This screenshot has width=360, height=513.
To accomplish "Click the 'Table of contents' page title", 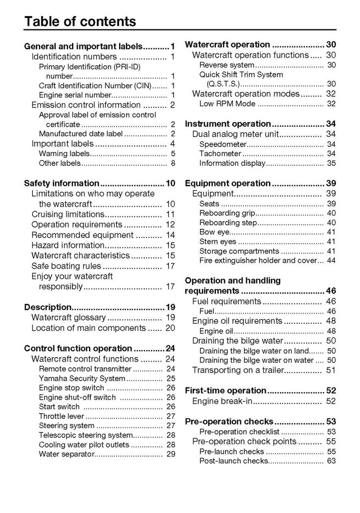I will pos(80,21).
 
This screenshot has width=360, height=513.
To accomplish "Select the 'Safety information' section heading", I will pos(61,183).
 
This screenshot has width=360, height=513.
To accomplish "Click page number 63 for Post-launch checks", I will pos(331,461).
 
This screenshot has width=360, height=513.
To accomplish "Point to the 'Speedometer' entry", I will pos(223,144).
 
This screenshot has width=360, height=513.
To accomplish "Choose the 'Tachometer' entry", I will pos(221,154).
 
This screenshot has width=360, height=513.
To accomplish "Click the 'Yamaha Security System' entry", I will pos(82,378).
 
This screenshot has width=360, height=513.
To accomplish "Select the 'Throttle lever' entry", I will pos(61,416).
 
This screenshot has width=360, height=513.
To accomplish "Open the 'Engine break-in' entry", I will pos(222,401).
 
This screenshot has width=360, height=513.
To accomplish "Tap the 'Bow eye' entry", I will pos(215,232).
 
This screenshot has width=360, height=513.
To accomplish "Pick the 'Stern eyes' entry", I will pos(217,242).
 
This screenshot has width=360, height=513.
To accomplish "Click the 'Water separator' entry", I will pos(66,454).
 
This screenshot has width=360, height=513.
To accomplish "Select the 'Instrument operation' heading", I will pos(228,124).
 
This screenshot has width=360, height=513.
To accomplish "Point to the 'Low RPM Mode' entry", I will pos(227,104).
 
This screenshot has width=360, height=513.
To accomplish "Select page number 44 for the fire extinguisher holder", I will pos(331,261).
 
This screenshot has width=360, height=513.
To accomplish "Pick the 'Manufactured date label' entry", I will pos(81,134).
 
